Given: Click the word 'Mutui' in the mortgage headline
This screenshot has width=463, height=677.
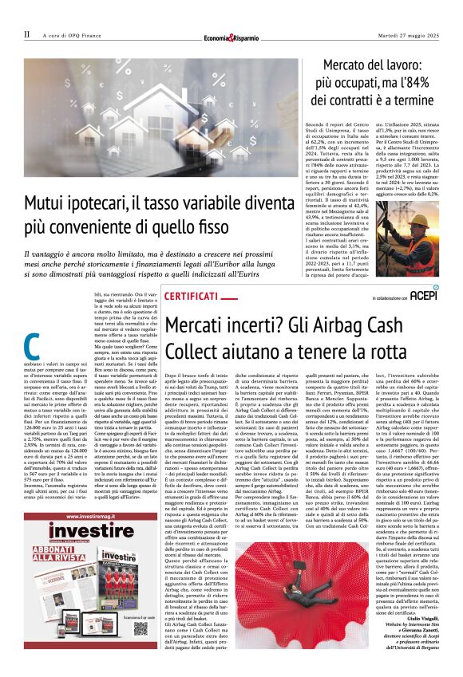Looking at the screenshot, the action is [x=46, y=204].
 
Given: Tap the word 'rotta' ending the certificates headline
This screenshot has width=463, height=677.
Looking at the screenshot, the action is [x=413, y=352].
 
